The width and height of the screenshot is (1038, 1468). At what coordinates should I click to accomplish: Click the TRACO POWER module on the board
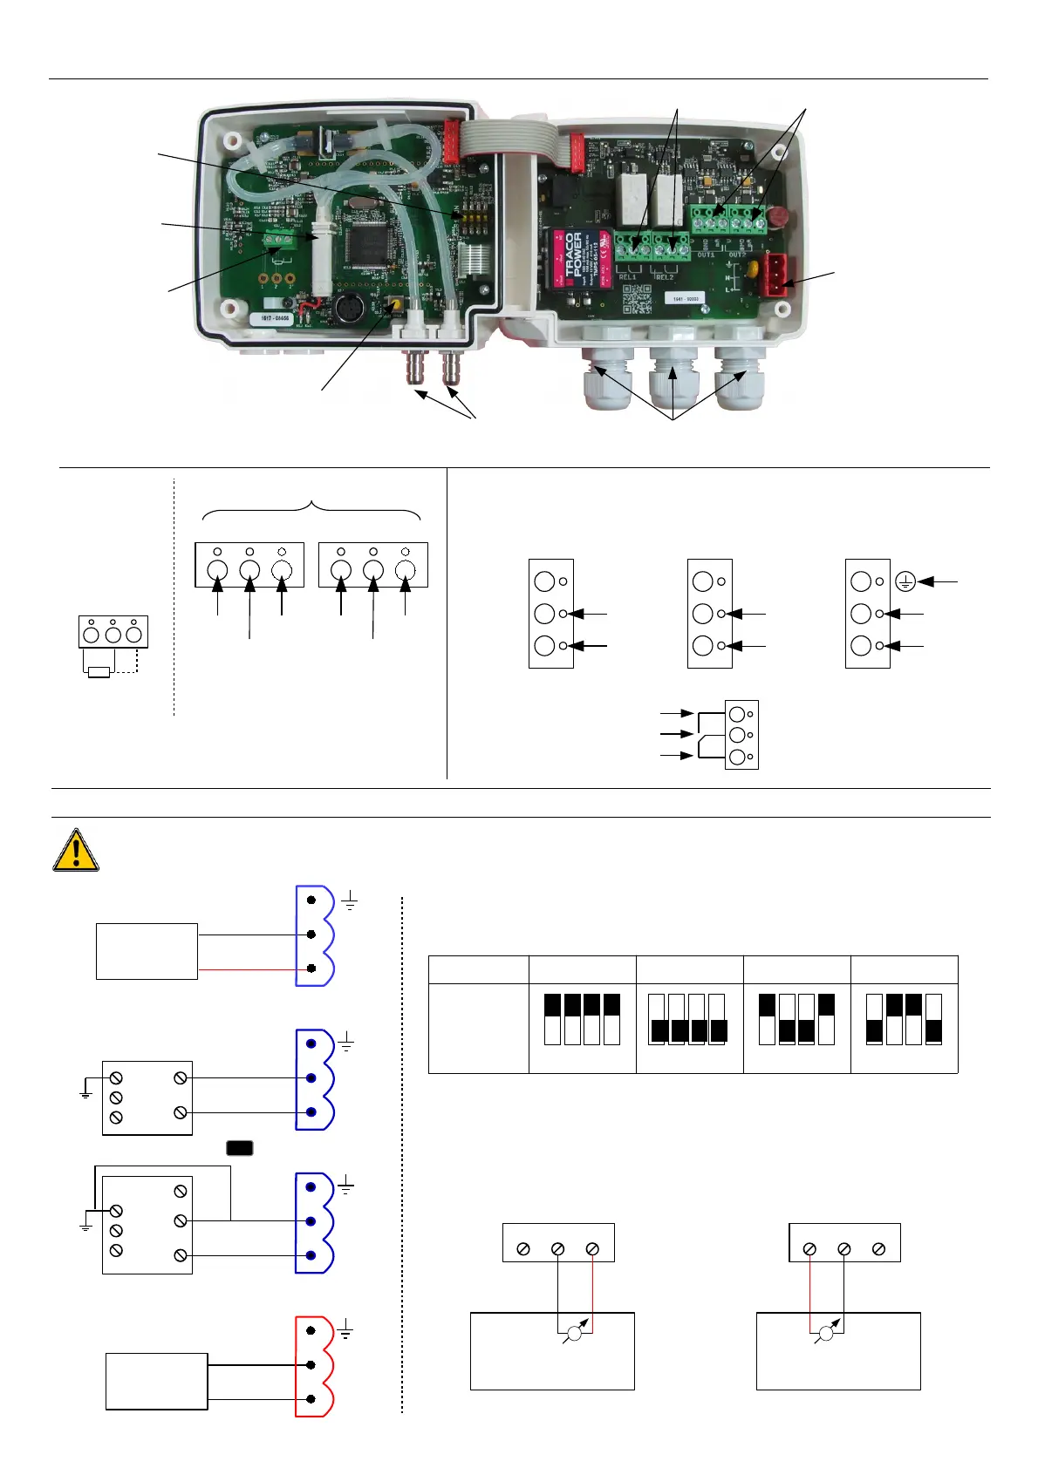pyautogui.click(x=577, y=258)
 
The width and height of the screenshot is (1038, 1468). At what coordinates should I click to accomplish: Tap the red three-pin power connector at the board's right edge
pyautogui.click(x=776, y=273)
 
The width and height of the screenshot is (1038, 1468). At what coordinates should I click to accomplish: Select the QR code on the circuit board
pyautogui.click(x=637, y=299)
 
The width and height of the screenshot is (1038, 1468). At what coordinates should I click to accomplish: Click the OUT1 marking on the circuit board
pyautogui.click(x=706, y=255)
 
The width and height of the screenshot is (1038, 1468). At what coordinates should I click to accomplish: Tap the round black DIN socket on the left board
pyautogui.click(x=347, y=309)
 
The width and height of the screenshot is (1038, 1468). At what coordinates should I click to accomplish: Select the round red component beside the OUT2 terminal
pyautogui.click(x=777, y=216)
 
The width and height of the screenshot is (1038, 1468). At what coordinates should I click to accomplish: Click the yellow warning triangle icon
pyautogui.click(x=76, y=851)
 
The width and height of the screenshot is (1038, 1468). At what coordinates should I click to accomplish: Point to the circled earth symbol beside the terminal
pyautogui.click(x=905, y=581)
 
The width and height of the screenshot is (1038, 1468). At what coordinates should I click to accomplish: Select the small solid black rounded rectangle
pyautogui.click(x=240, y=1147)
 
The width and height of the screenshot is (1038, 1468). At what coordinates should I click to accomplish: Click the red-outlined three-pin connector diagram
pyautogui.click(x=314, y=1365)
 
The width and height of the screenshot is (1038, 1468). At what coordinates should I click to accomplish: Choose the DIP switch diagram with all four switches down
pyautogui.click(x=688, y=1018)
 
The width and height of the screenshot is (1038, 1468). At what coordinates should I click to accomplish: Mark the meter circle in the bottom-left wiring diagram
pyautogui.click(x=573, y=1333)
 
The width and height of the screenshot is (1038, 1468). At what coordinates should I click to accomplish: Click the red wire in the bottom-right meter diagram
pyautogui.click(x=810, y=1290)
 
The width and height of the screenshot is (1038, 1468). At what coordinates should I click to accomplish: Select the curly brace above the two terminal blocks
pyautogui.click(x=311, y=510)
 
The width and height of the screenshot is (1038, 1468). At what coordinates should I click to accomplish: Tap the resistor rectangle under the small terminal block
pyautogui.click(x=99, y=672)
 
